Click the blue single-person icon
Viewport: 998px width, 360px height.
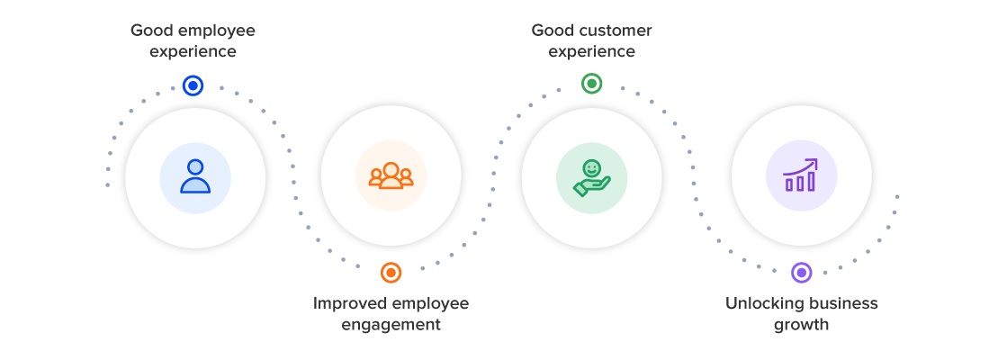[x=195, y=176]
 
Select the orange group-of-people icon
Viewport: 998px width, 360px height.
[x=391, y=175]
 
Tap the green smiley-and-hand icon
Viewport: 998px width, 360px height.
[x=591, y=177]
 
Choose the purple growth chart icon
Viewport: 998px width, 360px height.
[x=801, y=175]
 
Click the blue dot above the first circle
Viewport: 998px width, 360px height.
[x=194, y=87]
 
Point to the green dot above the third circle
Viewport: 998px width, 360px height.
[x=599, y=85]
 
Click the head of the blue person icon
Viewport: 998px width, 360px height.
[x=195, y=166]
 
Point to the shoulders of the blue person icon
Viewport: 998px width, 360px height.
[x=195, y=185]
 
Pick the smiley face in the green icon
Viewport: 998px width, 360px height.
[x=591, y=167]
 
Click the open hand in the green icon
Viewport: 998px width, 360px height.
[x=593, y=186]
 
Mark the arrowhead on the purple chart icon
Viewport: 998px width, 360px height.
[x=813, y=162]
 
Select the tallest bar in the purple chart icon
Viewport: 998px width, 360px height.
[x=812, y=181]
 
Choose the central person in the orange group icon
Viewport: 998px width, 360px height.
[x=391, y=175]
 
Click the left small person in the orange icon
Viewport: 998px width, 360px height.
[x=376, y=177]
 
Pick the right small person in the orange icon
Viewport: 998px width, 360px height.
[x=406, y=177]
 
